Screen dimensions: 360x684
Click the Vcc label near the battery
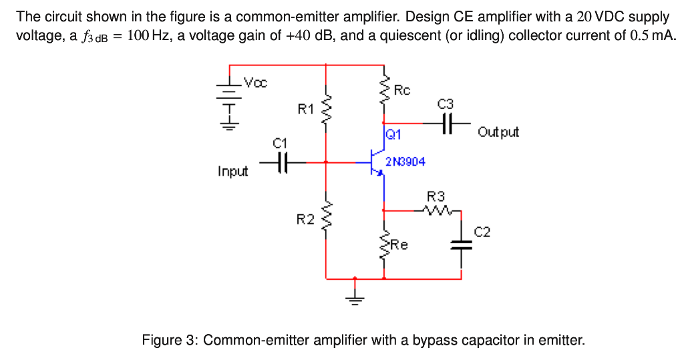coord(255,83)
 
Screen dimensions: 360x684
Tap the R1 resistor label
coord(305,108)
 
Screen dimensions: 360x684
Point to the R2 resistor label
coord(305,218)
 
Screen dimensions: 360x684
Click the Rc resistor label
coord(403,89)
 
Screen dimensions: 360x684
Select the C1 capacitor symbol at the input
coord(281,162)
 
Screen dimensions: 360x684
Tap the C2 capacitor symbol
coord(461,246)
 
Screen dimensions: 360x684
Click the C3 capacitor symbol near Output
coord(446,123)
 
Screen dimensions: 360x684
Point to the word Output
coord(498,132)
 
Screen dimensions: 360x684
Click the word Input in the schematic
coord(232,172)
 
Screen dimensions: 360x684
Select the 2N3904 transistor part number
coord(405,162)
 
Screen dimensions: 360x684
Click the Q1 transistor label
coord(393,135)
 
